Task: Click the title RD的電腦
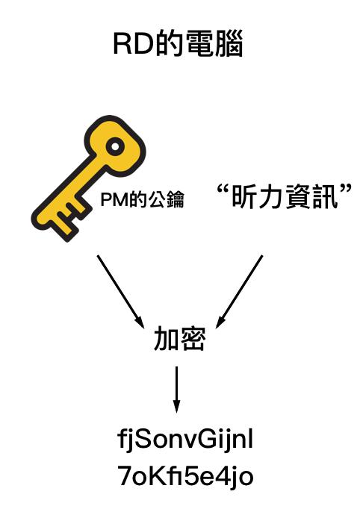coord(178,44)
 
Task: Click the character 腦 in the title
coord(229,44)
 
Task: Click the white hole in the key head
coord(115,146)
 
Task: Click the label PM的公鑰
coord(143,199)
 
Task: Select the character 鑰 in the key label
coord(176,199)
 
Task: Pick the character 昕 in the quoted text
coord(244,197)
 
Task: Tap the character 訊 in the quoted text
coord(326,197)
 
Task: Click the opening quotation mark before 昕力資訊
coord(223,189)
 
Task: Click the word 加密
coord(179,339)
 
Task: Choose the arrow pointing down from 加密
coord(176,390)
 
